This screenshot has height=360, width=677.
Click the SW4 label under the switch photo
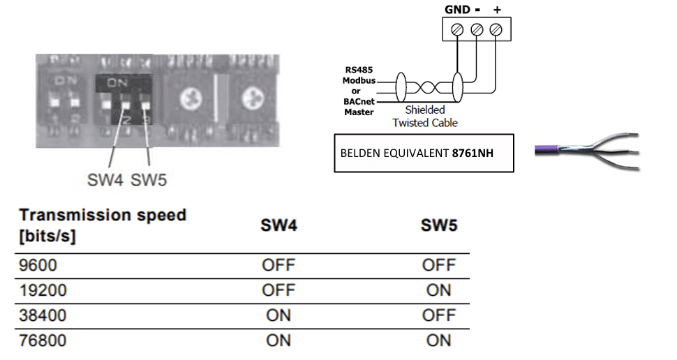pyautogui.click(x=105, y=180)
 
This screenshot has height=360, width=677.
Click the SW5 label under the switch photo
pyautogui.click(x=149, y=180)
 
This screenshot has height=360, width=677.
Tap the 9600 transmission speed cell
pyautogui.click(x=38, y=265)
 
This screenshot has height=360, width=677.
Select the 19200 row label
pyautogui.click(x=43, y=290)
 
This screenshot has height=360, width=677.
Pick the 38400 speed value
pyautogui.click(x=43, y=315)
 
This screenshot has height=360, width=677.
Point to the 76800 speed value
pyautogui.click(x=43, y=340)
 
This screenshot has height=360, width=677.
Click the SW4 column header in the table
pyautogui.click(x=279, y=225)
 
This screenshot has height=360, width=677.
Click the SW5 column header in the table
pyautogui.click(x=439, y=225)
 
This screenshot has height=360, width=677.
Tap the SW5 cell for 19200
pyautogui.click(x=439, y=290)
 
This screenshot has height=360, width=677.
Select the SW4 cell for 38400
pyautogui.click(x=278, y=315)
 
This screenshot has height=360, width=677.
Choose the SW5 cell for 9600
pyautogui.click(x=439, y=265)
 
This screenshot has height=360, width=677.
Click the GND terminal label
pyautogui.click(x=457, y=10)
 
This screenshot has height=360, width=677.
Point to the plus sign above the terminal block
pyautogui.click(x=497, y=10)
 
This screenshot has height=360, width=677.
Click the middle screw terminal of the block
pyautogui.click(x=477, y=29)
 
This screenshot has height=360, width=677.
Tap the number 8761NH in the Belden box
pyautogui.click(x=473, y=153)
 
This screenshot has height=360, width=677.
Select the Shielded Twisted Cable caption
pyautogui.click(x=425, y=116)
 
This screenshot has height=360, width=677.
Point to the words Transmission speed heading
pyautogui.click(x=103, y=215)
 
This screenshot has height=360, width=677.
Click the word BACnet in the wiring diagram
pyautogui.click(x=359, y=102)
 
